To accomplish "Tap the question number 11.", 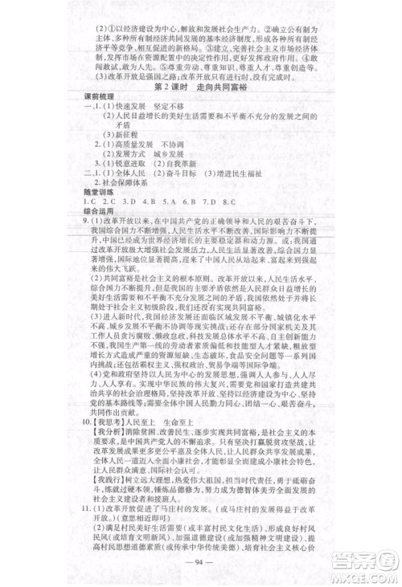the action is [x=85, y=528].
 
